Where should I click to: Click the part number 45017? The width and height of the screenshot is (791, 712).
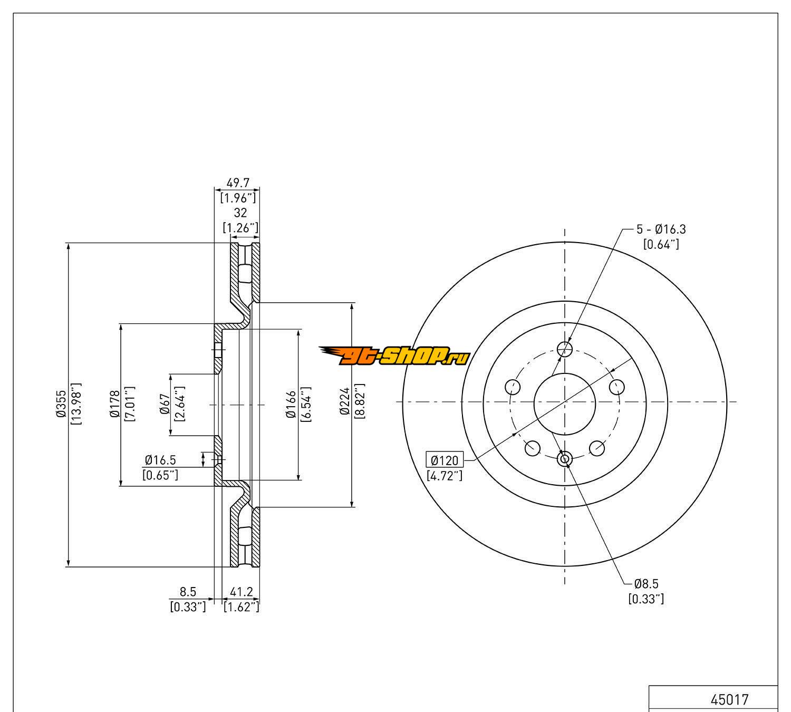[x=729, y=700]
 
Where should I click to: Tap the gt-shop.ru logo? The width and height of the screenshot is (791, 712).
[x=394, y=356]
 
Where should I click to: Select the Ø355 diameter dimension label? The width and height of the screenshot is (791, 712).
[x=61, y=403]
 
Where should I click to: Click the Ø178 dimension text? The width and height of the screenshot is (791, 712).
[x=115, y=403]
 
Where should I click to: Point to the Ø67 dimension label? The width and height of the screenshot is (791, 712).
[x=165, y=404]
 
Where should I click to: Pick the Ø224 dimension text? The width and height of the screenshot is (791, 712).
[x=345, y=401]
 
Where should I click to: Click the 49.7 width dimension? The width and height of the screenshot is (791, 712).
[x=238, y=183]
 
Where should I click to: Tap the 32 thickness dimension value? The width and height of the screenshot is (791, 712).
[x=240, y=213]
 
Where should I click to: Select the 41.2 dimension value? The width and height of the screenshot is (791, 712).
[x=241, y=592]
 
